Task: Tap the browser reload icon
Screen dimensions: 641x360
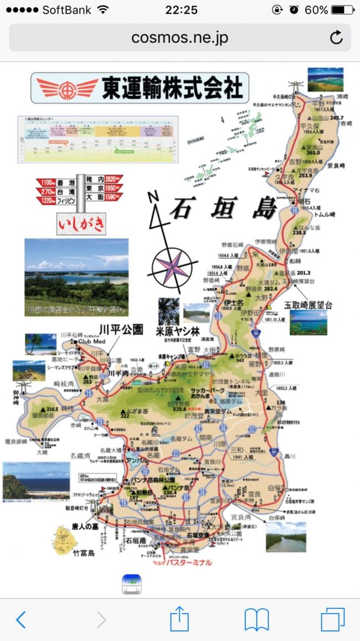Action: tap(336, 38)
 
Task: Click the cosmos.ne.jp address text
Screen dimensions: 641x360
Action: tap(179, 38)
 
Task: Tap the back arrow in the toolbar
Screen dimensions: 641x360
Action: tap(20, 619)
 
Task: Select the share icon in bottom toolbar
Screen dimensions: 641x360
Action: tap(179, 618)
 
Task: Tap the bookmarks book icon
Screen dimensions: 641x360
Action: tap(256, 619)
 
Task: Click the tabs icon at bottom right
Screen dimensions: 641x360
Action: tap(332, 619)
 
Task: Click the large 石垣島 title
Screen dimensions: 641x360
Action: tap(222, 208)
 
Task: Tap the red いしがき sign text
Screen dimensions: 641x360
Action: tap(81, 224)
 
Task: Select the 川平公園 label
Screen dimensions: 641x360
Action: tap(121, 330)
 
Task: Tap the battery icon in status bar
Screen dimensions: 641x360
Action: tap(342, 10)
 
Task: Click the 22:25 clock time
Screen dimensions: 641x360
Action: tap(180, 10)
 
